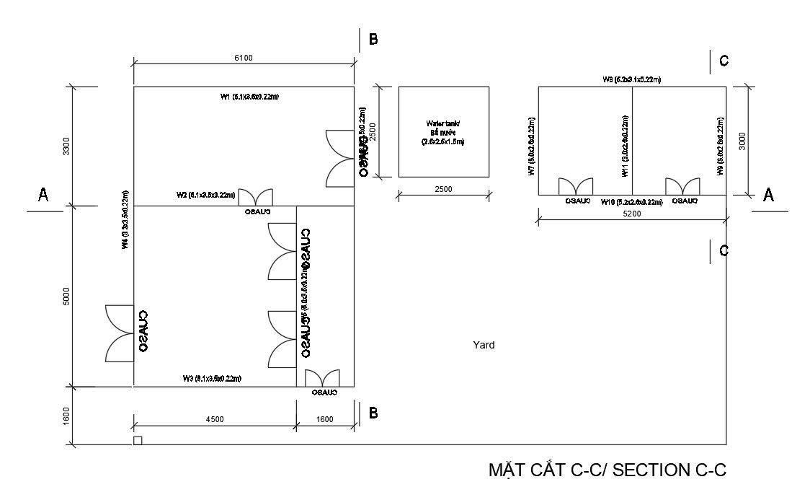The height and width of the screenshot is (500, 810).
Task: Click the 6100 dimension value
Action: (243, 58)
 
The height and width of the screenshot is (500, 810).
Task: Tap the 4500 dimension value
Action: (215, 419)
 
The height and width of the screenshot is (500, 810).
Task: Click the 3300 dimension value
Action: (67, 146)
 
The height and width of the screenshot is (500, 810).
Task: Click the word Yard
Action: (484, 345)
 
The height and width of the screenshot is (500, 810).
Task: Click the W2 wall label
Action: (205, 195)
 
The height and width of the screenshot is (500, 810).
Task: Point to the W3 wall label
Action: (211, 378)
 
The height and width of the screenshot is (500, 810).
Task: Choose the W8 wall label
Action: (632, 79)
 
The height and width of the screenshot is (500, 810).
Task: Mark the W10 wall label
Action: (632, 202)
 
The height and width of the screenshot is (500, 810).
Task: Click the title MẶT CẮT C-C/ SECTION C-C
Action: (607, 470)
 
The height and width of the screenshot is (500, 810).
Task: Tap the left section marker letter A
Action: (43, 195)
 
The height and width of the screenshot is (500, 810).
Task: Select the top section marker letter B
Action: (373, 40)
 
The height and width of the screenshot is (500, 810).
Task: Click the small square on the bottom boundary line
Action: (138, 440)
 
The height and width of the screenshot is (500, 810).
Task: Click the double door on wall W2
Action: (256, 198)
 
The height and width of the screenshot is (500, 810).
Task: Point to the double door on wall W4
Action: (119, 333)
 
